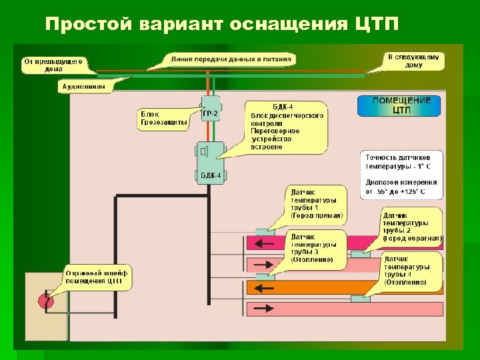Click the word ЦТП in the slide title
[373, 25]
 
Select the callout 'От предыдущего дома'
[53, 64]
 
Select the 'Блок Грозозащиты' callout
[163, 120]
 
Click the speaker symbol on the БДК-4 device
[205, 151]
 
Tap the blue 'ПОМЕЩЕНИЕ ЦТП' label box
[401, 105]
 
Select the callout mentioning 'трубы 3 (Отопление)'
[317, 248]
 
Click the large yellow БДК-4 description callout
[286, 127]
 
